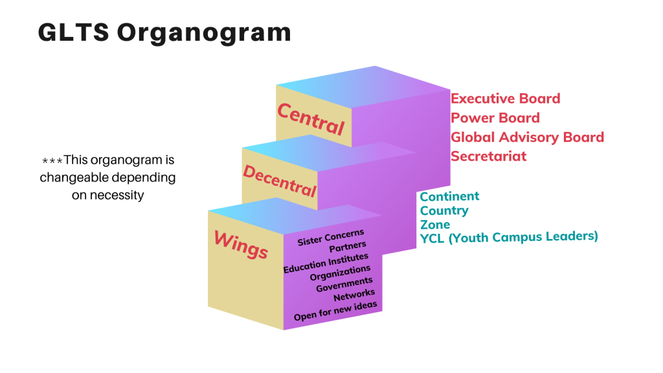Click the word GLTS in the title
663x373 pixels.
[74, 32]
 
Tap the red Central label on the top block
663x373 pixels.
[311, 119]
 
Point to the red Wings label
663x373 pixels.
[241, 244]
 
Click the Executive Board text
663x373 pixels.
[505, 98]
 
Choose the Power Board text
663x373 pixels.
[495, 118]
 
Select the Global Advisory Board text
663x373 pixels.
[527, 137]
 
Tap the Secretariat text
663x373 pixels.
[488, 157]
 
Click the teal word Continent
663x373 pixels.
[449, 197]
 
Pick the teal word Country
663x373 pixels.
[444, 210]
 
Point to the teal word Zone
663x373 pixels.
[434, 225]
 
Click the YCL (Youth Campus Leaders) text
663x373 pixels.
[509, 237]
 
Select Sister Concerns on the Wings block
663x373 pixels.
[331, 238]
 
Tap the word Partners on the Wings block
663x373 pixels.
[348, 247]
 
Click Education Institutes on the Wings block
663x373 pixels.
[326, 264]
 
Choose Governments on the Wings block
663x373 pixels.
[344, 284]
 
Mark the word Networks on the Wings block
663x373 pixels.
[354, 295]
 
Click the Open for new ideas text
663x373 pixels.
[335, 311]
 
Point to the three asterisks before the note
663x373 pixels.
[52, 161]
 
